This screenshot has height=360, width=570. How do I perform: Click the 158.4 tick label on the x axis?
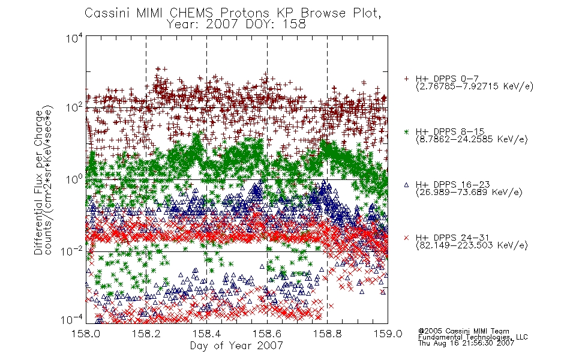(x=207, y=334)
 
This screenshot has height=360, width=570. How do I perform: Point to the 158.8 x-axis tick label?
(x=328, y=334)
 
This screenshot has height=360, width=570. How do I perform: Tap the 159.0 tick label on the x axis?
(x=388, y=334)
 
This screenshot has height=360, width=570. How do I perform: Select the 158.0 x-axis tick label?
(x=86, y=334)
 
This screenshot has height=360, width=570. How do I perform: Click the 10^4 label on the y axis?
(x=74, y=38)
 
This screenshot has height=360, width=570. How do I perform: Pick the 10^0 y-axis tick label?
(x=74, y=179)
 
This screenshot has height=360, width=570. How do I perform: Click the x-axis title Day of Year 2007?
(x=236, y=346)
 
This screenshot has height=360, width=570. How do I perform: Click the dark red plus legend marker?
(x=407, y=79)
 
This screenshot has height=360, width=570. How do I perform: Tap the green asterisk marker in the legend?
(x=407, y=131)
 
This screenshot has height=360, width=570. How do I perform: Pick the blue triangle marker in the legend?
(x=407, y=185)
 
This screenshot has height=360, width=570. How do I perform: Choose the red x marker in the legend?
(x=407, y=238)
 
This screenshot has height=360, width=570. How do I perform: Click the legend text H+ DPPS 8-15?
(x=450, y=131)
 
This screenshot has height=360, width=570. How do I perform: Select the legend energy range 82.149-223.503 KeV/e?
(x=472, y=245)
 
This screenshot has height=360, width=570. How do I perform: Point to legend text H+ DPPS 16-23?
(x=453, y=185)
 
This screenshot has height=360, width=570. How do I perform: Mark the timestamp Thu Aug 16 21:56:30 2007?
(x=466, y=343)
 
